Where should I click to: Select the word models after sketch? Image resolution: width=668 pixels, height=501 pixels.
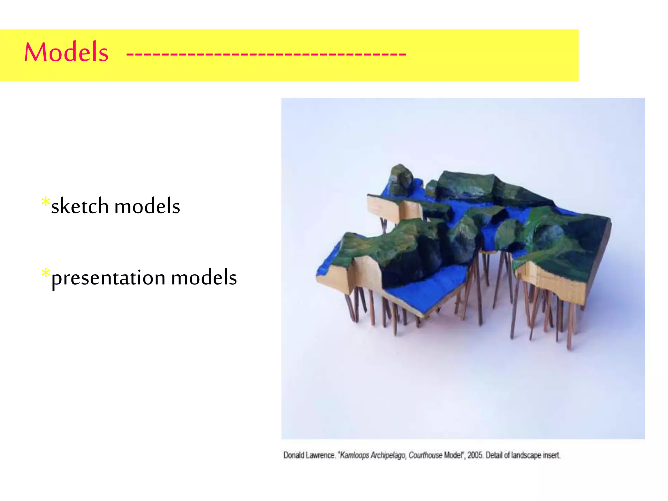pos(147,206)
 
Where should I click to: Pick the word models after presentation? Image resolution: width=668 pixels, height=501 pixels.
pos(204,278)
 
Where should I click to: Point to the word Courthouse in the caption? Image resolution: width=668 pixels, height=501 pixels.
pos(425,455)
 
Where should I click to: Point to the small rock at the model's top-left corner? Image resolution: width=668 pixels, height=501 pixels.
pos(401,178)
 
